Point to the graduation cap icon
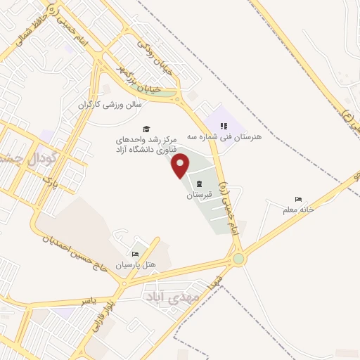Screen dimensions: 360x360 [146, 129]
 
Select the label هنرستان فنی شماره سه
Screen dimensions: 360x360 [224, 137]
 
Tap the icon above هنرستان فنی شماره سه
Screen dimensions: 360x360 [225, 126]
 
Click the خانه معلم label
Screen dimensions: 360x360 [316, 209]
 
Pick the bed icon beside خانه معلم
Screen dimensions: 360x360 [298, 200]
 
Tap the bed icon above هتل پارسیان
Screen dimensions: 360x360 [135, 253]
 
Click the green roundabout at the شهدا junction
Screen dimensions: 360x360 [240, 259]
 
